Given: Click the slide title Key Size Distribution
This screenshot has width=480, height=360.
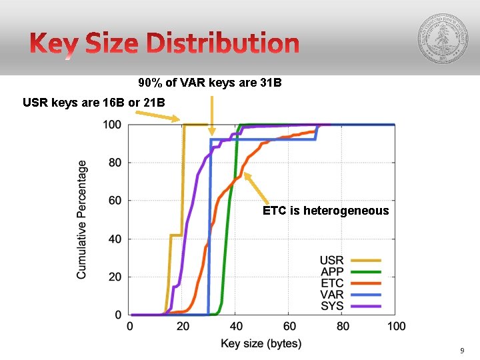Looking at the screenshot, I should (x=164, y=45).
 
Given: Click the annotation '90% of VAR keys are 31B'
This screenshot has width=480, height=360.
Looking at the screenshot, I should (x=210, y=83).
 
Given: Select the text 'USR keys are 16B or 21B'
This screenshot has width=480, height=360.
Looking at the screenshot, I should (x=93, y=103).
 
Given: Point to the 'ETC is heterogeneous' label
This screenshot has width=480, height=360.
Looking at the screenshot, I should (x=325, y=211).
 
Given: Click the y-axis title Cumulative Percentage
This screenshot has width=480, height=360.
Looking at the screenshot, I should (x=81, y=219).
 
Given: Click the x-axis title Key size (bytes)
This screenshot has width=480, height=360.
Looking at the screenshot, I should (x=261, y=344).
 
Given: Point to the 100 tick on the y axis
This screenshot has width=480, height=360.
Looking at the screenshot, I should (x=112, y=125).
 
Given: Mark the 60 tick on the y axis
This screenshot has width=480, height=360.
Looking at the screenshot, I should (x=115, y=201).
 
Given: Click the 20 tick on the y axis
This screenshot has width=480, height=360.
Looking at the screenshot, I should (x=115, y=277).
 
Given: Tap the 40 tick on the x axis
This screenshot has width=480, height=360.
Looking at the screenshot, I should (x=236, y=327).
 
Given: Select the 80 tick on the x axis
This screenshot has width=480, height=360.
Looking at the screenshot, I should (x=343, y=327).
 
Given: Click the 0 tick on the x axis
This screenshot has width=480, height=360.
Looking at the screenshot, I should (x=129, y=327).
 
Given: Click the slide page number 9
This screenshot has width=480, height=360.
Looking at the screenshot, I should (x=462, y=351).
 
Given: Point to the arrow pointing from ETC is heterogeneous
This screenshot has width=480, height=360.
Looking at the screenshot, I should (x=256, y=187).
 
